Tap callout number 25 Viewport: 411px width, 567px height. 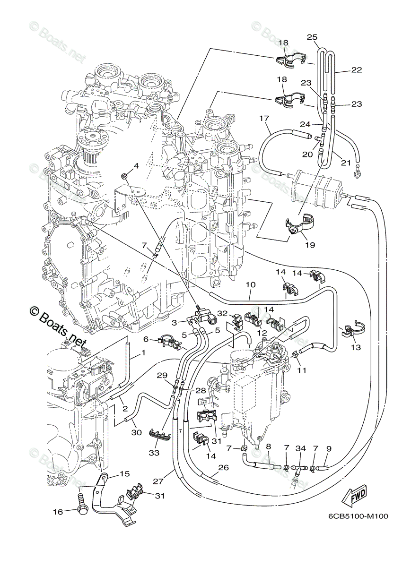pyautogui.click(x=312, y=37)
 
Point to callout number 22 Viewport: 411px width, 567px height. pyautogui.click(x=357, y=70)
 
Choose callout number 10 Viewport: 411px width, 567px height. pyautogui.click(x=251, y=285)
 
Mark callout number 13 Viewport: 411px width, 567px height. pyautogui.click(x=356, y=347)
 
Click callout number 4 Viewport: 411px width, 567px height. pyautogui.click(x=136, y=166)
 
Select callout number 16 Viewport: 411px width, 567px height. pyautogui.click(x=57, y=511)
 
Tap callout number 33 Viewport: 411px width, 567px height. pyautogui.click(x=154, y=453)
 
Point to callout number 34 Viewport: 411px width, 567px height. pyautogui.click(x=300, y=448)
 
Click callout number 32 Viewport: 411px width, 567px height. pyautogui.click(x=222, y=313)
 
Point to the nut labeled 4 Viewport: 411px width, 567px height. pyautogui.click(x=125, y=177)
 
